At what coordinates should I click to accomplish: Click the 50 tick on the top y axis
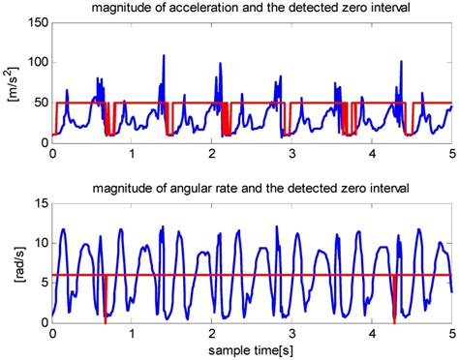[x=37, y=103]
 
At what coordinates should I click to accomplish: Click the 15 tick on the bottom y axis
[x=37, y=203]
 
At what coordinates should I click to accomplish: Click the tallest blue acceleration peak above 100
[x=164, y=56]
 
